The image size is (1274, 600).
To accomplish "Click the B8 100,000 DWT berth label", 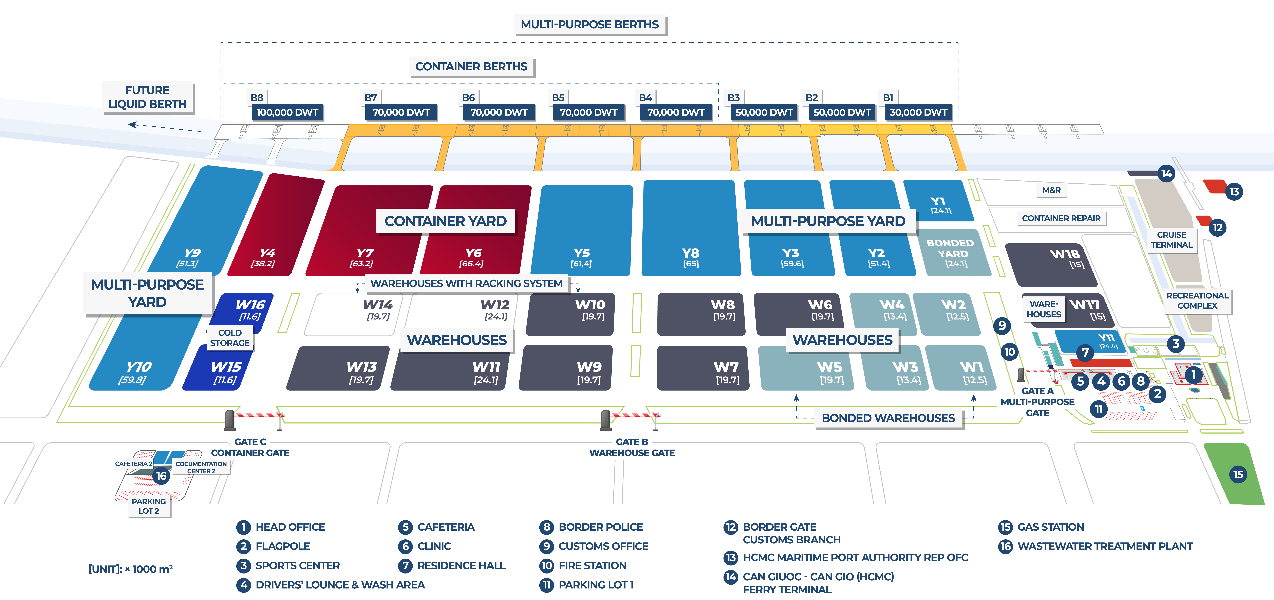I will (x=287, y=112).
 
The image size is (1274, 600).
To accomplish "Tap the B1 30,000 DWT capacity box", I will (x=918, y=112).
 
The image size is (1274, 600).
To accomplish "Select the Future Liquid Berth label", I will (x=147, y=97).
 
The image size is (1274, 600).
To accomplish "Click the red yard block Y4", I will (x=269, y=228).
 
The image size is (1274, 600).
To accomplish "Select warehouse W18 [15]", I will (x=1053, y=265).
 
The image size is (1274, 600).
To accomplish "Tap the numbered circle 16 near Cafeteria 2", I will (x=161, y=476).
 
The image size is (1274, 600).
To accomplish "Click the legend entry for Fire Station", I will (x=592, y=565).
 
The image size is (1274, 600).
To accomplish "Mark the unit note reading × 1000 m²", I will (x=131, y=569).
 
